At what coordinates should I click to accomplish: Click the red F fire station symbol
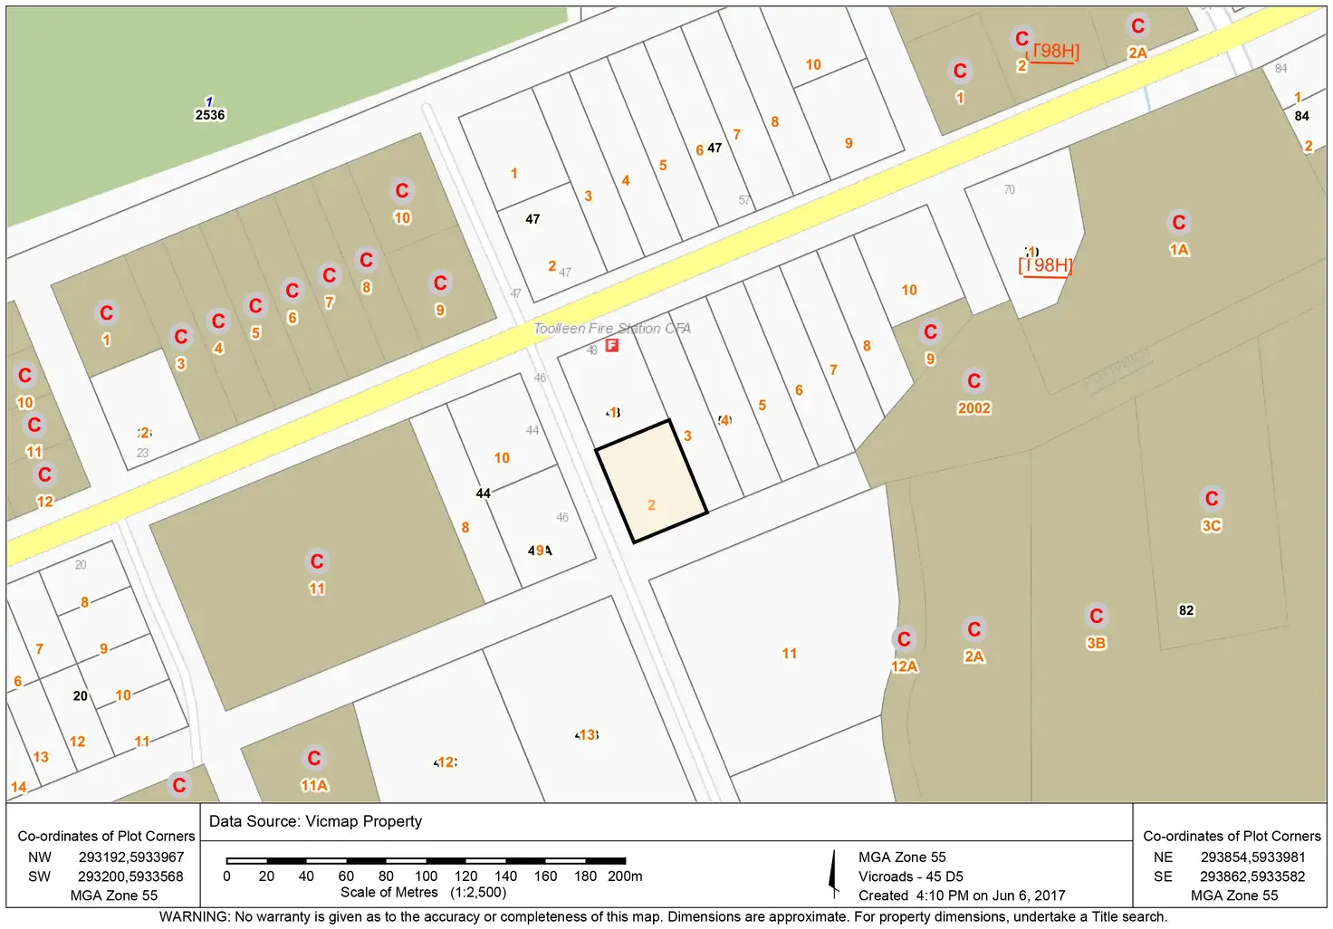click(612, 345)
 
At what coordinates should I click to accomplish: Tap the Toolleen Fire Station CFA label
click(612, 328)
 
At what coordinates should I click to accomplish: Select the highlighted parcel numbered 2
click(651, 482)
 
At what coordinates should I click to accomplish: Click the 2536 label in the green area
click(210, 115)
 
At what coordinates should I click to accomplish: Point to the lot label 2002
click(974, 408)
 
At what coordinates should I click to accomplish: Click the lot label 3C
click(1212, 526)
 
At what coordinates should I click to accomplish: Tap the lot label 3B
click(1096, 644)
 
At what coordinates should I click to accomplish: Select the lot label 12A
click(905, 666)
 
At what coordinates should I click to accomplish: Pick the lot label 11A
click(314, 786)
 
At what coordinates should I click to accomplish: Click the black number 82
click(1186, 610)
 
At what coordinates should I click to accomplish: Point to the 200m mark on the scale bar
click(625, 876)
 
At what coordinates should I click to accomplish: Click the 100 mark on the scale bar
click(426, 876)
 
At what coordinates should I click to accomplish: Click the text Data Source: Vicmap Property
click(315, 821)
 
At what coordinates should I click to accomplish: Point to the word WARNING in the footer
click(194, 916)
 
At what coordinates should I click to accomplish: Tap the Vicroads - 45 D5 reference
click(911, 876)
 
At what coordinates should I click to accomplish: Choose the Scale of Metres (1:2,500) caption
click(423, 893)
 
